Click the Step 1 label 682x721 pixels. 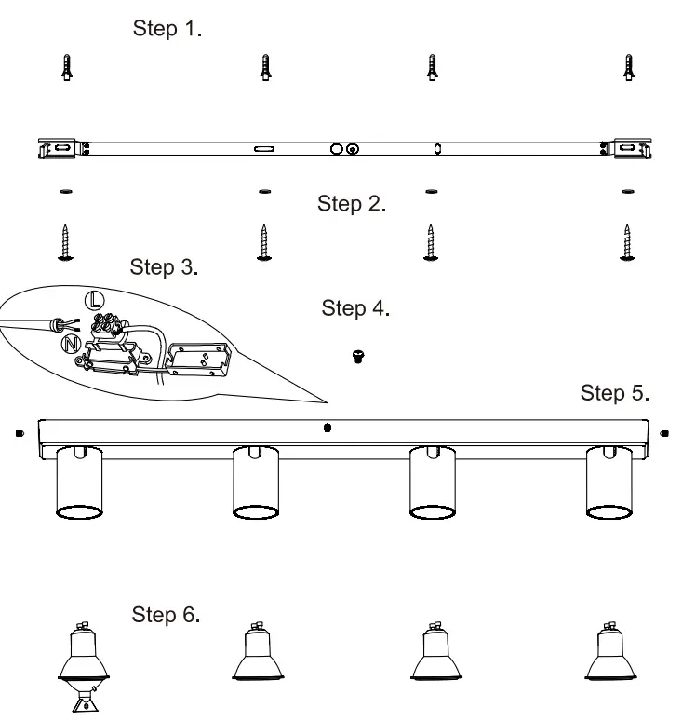click(x=167, y=29)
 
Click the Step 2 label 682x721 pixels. click(x=351, y=204)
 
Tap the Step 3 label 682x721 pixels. click(x=164, y=268)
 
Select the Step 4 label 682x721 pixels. click(x=354, y=308)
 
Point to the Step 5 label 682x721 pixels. click(x=614, y=393)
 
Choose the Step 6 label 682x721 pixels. click(x=166, y=616)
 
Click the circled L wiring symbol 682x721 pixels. click(x=94, y=300)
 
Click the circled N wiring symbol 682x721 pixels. click(x=69, y=344)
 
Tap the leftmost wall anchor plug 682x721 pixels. click(x=65, y=68)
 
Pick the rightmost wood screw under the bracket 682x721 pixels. click(x=627, y=243)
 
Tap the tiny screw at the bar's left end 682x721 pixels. click(x=19, y=433)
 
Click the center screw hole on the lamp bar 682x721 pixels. click(x=327, y=429)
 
